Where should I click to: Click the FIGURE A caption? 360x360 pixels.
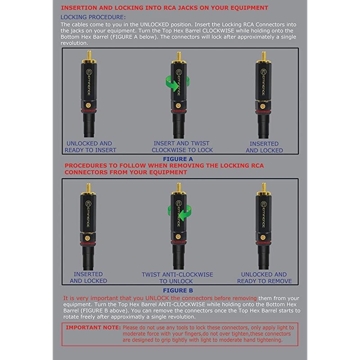[178, 159]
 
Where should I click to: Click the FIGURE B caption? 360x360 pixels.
[178, 290]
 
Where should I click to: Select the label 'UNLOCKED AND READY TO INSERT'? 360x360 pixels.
[90, 147]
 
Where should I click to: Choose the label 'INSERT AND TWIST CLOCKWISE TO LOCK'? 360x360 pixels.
[182, 147]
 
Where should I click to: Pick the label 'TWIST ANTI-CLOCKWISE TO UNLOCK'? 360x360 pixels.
[177, 278]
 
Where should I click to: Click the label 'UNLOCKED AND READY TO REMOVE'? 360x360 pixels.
[264, 278]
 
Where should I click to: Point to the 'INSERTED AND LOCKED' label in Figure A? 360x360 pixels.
[264, 147]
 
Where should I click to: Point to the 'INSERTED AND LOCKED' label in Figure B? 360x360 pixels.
[88, 277]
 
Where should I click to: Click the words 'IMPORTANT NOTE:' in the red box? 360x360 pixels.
[93, 328]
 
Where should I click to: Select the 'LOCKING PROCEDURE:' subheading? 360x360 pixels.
[93, 17]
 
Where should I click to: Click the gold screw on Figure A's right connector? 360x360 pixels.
[263, 106]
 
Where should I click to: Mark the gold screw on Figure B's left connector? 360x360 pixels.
[87, 238]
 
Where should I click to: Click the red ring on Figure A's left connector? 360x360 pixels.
[88, 111]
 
